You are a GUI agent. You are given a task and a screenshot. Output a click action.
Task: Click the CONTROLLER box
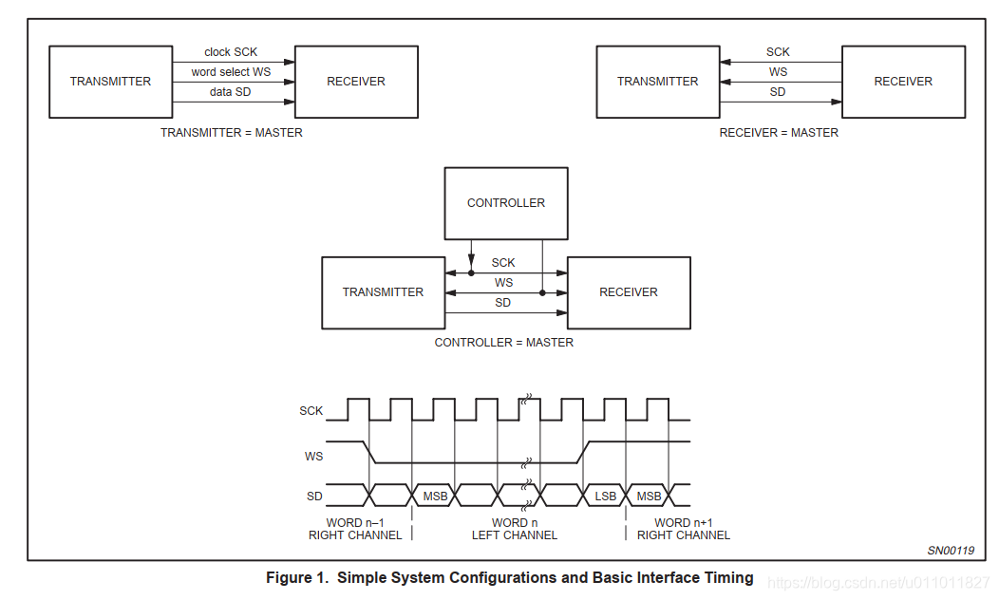pos(506,203)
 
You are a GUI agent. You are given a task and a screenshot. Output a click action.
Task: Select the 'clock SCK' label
pos(231,52)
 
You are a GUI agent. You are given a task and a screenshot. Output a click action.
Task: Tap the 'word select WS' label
pos(231,72)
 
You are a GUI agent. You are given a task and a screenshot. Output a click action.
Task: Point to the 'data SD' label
pos(231,92)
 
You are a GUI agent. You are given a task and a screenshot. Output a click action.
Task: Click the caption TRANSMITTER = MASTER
pos(232,133)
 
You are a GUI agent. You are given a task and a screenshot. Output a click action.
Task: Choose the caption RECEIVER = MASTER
pos(779,133)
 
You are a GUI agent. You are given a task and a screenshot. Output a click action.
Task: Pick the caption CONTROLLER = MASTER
pos(504,343)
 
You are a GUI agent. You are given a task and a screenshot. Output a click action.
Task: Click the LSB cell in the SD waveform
pos(605,497)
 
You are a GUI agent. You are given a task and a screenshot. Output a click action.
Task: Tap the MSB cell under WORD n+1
pos(649,497)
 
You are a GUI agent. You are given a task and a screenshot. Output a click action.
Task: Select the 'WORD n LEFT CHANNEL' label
pos(515,530)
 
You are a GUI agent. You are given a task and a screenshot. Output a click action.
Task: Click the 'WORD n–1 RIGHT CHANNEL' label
pos(355,530)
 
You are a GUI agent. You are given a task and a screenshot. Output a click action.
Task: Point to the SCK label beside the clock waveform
pos(311,411)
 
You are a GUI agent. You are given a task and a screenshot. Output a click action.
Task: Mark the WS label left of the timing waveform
pos(313,456)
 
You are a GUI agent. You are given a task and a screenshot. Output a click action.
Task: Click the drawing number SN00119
pos(951,551)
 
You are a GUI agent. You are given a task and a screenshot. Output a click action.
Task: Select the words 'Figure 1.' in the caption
pos(298,577)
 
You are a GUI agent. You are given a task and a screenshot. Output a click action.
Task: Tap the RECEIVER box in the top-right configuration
pos(903,82)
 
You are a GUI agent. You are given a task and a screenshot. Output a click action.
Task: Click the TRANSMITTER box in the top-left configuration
pos(110,82)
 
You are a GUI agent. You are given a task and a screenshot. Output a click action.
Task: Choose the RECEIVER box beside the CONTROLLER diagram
pos(629,292)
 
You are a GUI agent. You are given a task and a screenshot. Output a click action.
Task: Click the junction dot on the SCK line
pos(471,272)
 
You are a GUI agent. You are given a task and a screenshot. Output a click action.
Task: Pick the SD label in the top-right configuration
pos(778,92)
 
